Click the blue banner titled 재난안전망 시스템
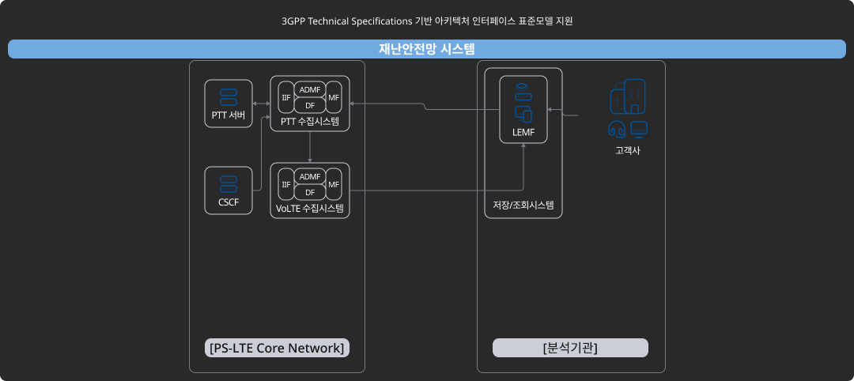pos(427,49)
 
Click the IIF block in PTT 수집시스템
pos(285,97)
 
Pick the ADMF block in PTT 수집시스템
pos(310,89)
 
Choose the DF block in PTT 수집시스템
pos(310,105)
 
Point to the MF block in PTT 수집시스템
pos(334,97)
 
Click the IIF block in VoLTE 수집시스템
pos(285,184)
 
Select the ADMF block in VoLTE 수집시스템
pos(310,176)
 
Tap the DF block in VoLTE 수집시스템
pos(310,192)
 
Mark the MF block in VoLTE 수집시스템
pos(334,184)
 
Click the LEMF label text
pos(523,132)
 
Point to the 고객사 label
pos(628,150)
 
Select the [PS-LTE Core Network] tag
pos(277,348)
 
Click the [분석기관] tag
pos(570,348)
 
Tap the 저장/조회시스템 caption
pos(523,206)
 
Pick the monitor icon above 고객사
pos(639,129)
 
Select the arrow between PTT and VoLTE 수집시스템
pos(310,147)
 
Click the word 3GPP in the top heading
pos(294,21)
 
